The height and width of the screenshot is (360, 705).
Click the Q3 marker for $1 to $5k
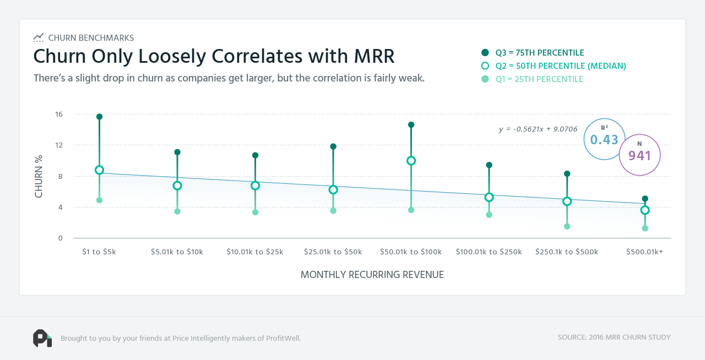click(x=99, y=117)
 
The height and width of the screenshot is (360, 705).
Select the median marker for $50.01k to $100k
click(x=411, y=161)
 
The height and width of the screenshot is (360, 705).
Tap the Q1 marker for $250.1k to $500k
click(x=567, y=226)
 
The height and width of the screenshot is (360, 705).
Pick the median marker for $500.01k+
click(x=645, y=210)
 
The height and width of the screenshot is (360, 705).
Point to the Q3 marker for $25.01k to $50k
click(x=333, y=146)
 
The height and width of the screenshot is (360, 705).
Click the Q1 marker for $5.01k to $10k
click(x=177, y=211)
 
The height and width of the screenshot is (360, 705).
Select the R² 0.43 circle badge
click(x=604, y=139)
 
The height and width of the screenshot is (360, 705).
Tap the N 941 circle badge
click(x=639, y=155)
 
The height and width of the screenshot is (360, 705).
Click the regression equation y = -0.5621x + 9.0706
click(x=538, y=129)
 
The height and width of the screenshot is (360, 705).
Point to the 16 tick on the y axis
click(x=58, y=114)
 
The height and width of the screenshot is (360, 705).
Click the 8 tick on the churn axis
click(x=60, y=177)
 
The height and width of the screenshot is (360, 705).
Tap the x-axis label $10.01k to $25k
click(x=255, y=252)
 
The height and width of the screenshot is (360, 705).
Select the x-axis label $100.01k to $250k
click(x=489, y=252)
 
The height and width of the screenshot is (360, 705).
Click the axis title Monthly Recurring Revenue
click(x=372, y=275)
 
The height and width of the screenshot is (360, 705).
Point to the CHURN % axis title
click(x=39, y=177)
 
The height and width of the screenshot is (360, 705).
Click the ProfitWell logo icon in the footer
click(x=42, y=338)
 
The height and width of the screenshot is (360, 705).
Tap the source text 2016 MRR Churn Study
click(x=614, y=337)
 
